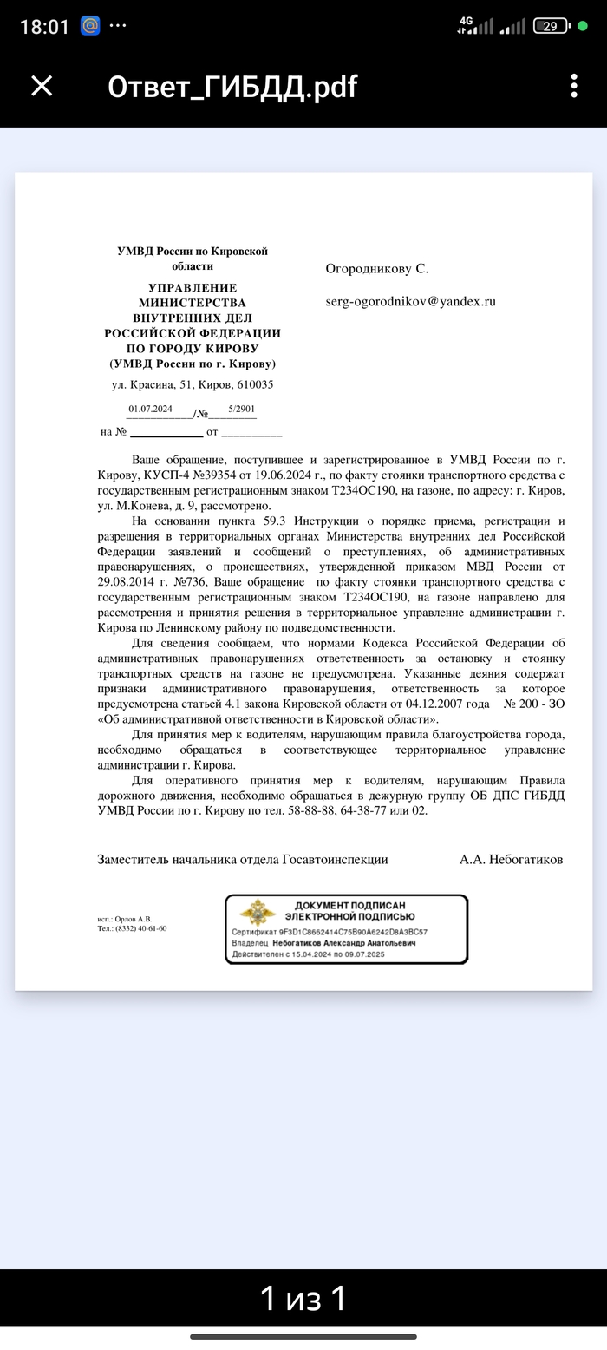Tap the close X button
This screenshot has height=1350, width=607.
pos(42,86)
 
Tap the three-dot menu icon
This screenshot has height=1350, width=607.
pos(573,86)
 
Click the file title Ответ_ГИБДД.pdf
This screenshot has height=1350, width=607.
pos(232,87)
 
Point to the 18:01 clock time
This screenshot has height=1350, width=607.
pos(43,27)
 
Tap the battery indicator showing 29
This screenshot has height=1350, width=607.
pos(550,26)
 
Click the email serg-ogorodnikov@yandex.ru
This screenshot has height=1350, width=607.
pos(410,302)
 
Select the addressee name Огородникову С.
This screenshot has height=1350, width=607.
pos(377,269)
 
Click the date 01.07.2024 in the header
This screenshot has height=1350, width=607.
pos(151,409)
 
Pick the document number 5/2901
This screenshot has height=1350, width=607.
pos(242,409)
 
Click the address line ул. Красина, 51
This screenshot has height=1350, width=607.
pos(193,384)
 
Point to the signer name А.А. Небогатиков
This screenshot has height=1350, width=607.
pos(511,859)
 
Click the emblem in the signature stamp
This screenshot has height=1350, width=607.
pos(258,913)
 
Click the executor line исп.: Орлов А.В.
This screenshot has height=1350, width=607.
pos(124,919)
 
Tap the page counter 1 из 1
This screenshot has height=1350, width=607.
pos(303,1299)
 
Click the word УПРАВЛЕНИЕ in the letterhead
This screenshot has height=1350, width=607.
pos(193,288)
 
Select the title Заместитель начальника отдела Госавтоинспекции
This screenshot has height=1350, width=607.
pos(243,859)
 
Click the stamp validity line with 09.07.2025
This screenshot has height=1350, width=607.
pos(308,954)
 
